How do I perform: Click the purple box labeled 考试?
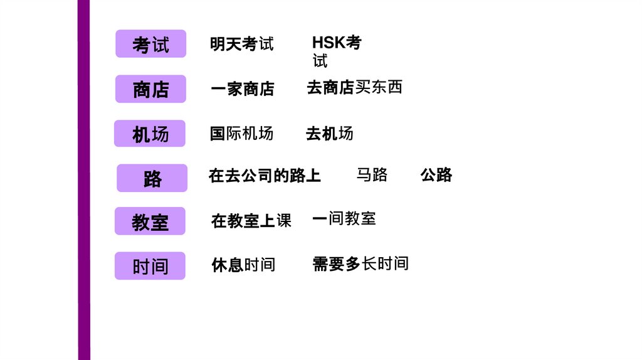click(x=150, y=44)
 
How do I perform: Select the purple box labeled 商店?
click(x=150, y=89)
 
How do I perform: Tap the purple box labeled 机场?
click(x=150, y=134)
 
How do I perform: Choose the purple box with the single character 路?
click(x=152, y=178)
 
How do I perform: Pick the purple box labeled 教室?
click(x=150, y=221)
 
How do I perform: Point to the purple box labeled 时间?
click(x=150, y=266)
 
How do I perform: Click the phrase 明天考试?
click(x=241, y=44)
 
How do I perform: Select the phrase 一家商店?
click(x=242, y=89)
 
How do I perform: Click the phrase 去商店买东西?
click(x=354, y=87)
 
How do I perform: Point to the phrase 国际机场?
click(x=241, y=133)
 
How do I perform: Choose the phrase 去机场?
click(x=329, y=133)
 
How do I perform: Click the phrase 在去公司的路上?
click(x=265, y=176)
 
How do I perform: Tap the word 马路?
click(x=372, y=174)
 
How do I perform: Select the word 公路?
click(x=436, y=174)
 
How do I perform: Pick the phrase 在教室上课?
click(x=251, y=221)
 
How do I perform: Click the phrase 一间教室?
click(x=344, y=218)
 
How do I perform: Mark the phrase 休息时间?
click(x=243, y=265)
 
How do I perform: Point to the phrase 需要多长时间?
click(x=360, y=263)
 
